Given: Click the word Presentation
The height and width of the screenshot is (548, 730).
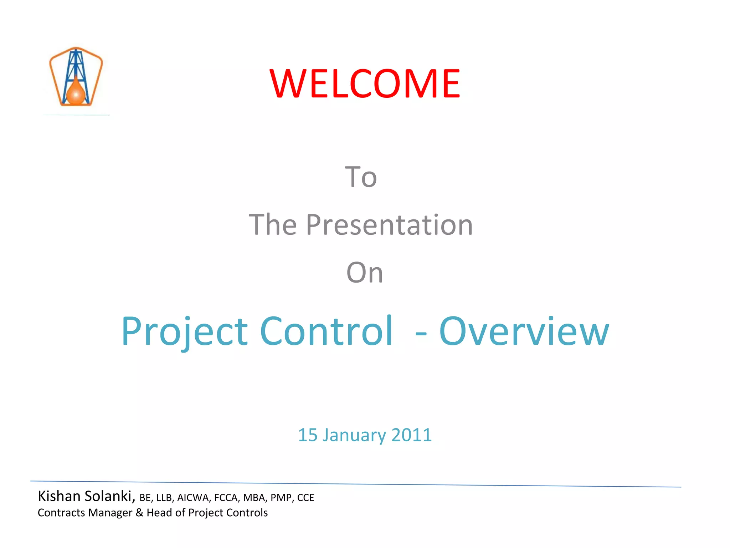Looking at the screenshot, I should pyautogui.click(x=389, y=225).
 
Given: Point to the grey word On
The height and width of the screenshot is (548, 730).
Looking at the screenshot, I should pyautogui.click(x=365, y=273).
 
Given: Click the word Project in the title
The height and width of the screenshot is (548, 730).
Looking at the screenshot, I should pyautogui.click(x=184, y=332).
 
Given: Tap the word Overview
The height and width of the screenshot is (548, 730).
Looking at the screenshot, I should pyautogui.click(x=524, y=332).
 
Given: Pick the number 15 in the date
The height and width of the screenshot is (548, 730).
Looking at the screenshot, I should pyautogui.click(x=308, y=435).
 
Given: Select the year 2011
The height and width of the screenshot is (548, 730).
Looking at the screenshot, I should pyautogui.click(x=412, y=435).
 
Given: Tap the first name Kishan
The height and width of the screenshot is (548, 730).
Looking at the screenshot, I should pyautogui.click(x=59, y=496).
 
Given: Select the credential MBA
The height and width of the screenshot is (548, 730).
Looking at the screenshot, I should pyautogui.click(x=255, y=498).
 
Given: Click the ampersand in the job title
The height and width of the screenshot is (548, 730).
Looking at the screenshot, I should pyautogui.click(x=139, y=513).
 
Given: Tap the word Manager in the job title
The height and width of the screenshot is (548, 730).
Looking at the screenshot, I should pyautogui.click(x=110, y=513).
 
